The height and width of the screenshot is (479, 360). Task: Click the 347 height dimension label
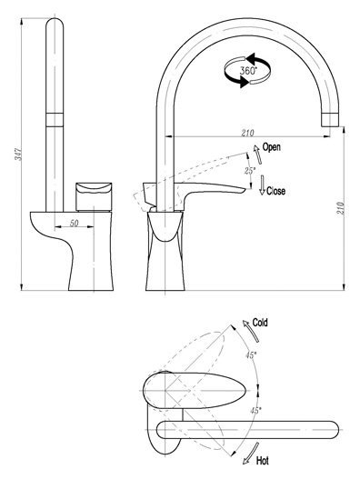click(x=19, y=155)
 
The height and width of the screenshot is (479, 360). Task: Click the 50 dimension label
click(x=74, y=223)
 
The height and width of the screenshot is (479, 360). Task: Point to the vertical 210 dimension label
click(x=340, y=208)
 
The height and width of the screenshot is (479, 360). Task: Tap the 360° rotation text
click(x=248, y=71)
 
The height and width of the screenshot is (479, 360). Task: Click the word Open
click(x=272, y=147)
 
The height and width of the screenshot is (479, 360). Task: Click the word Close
click(x=275, y=191)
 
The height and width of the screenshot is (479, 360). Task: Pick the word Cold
click(x=260, y=323)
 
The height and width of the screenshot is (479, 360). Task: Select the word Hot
click(x=262, y=461)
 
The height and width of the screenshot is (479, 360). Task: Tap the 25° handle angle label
click(x=249, y=171)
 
